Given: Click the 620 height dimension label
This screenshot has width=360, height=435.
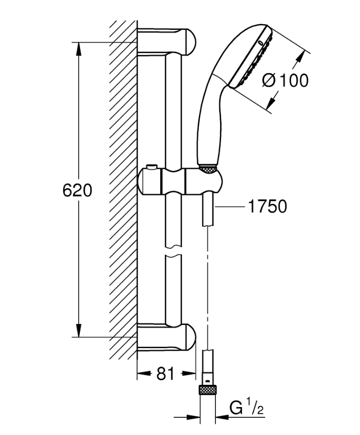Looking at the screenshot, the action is (x=77, y=190).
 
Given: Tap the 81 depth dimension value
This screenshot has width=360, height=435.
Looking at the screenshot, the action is (x=165, y=373).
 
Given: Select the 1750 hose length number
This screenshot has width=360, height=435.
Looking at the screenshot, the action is (x=267, y=206).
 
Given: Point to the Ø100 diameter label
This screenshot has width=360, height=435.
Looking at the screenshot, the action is (x=285, y=81).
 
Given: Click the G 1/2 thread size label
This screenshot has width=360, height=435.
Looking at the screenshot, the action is (x=246, y=407).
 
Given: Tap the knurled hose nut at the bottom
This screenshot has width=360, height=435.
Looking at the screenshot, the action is (x=207, y=389).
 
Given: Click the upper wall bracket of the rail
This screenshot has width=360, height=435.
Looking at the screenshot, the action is (x=166, y=42).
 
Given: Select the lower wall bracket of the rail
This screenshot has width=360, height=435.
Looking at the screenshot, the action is (x=166, y=337).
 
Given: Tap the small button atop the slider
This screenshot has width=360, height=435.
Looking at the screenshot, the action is (x=152, y=166).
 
